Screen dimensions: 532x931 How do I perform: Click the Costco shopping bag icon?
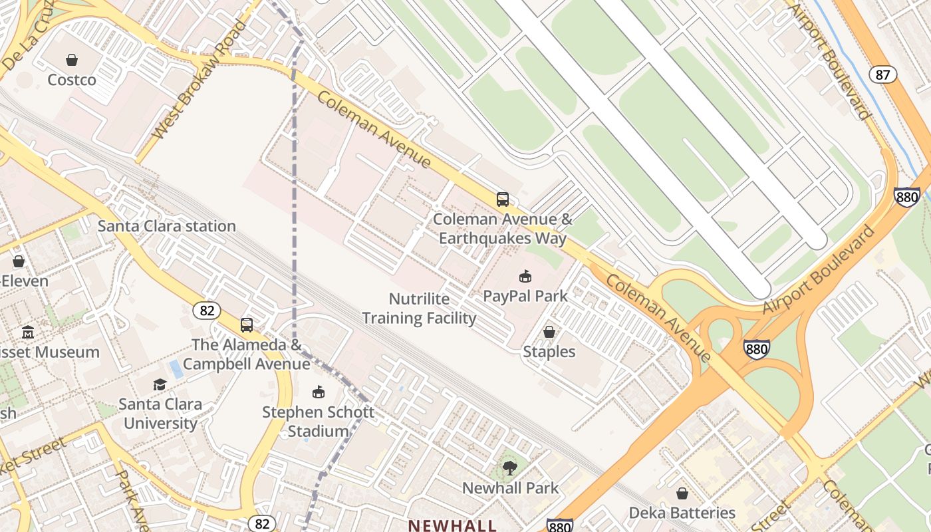tap(72, 60)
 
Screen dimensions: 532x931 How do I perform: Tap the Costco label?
tap(72, 80)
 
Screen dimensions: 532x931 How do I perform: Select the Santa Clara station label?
tap(167, 226)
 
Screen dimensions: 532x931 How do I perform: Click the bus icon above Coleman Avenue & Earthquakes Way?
tap(503, 199)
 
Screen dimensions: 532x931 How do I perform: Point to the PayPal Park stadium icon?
tap(525, 276)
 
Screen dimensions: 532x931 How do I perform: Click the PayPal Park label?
tap(525, 296)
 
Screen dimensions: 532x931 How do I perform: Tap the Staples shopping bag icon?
tap(549, 331)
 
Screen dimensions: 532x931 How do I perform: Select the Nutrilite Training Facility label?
tap(419, 309)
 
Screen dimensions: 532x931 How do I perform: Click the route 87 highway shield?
tap(882, 74)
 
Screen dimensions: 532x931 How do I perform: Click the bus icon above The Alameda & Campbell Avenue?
tap(247, 325)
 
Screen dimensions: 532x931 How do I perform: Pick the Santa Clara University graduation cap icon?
tap(160, 384)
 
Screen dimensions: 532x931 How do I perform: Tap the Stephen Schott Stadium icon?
tap(319, 392)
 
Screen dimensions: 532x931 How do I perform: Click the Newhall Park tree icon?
tap(510, 468)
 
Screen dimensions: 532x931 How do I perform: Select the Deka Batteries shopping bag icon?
tap(682, 493)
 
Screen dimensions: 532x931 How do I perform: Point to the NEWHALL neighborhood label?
tap(452, 525)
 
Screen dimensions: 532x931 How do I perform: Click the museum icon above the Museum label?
tap(28, 332)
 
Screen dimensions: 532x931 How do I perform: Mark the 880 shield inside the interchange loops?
tap(757, 348)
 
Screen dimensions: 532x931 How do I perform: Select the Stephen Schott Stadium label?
tap(318, 422)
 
